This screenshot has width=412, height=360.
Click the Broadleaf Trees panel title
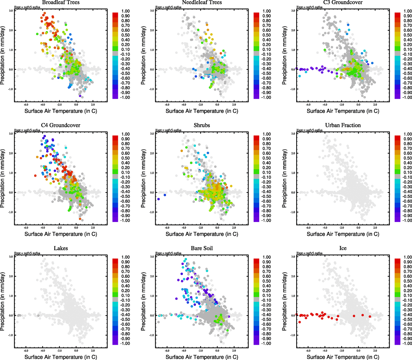(61, 2)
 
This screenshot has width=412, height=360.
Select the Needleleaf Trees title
(202, 2)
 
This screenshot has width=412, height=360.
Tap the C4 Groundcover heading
(61, 125)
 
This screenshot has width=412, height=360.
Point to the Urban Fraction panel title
(343, 125)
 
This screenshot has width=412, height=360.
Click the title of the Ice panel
(343, 248)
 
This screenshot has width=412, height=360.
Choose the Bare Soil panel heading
(202, 248)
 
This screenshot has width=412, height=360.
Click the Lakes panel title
(61, 248)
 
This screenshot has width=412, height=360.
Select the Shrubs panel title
(202, 125)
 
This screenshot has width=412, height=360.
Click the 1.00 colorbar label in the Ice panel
(407, 257)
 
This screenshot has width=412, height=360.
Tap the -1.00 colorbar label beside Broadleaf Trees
(125, 97)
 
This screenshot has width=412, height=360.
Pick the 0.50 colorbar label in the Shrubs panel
(266, 158)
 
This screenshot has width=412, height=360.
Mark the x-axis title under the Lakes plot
(61, 357)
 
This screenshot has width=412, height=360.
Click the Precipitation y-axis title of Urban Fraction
(284, 179)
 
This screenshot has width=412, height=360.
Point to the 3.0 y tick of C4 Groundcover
(11, 134)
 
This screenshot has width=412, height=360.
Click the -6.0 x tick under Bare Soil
(167, 351)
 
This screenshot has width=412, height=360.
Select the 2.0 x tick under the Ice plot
(375, 351)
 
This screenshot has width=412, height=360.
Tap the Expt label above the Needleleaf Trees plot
(168, 7)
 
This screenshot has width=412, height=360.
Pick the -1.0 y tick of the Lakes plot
(11, 335)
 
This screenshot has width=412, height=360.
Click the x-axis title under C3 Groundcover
(343, 111)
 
